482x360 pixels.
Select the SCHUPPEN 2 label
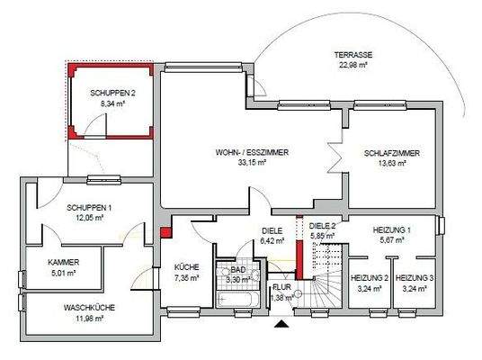pos(113,94)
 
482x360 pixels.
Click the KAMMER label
pos(64,262)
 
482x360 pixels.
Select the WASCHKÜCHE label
pos(89,307)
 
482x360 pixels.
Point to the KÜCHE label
pos(188,268)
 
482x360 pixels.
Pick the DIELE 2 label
pos(321,228)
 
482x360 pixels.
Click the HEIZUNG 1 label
pos(391,230)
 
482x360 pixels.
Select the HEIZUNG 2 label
pos(369,279)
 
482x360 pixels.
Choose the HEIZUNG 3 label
pos(415,279)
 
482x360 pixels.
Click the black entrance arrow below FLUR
pos(283,323)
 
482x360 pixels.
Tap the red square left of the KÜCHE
pos(165,233)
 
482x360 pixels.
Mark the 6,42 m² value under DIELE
pos(272,241)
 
